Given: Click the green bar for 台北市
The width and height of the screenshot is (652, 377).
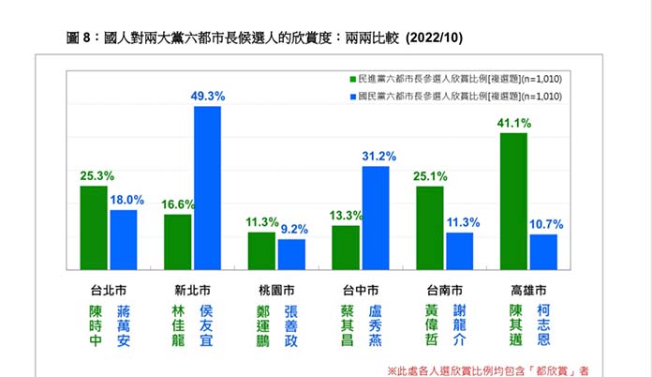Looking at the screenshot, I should click(x=94, y=228).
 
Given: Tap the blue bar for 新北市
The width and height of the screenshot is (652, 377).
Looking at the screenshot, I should click(x=207, y=188).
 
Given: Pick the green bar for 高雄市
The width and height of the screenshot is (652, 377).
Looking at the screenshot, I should click(x=514, y=201).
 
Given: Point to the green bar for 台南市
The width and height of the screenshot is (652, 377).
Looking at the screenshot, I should click(x=430, y=228).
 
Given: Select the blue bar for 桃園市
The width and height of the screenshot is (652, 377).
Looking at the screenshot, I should click(x=291, y=254).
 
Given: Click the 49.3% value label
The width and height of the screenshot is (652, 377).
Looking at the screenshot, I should click(x=208, y=97).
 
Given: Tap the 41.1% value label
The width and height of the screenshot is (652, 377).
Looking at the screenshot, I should click(x=514, y=123).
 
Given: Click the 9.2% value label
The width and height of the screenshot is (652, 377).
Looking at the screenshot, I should click(x=294, y=228).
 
